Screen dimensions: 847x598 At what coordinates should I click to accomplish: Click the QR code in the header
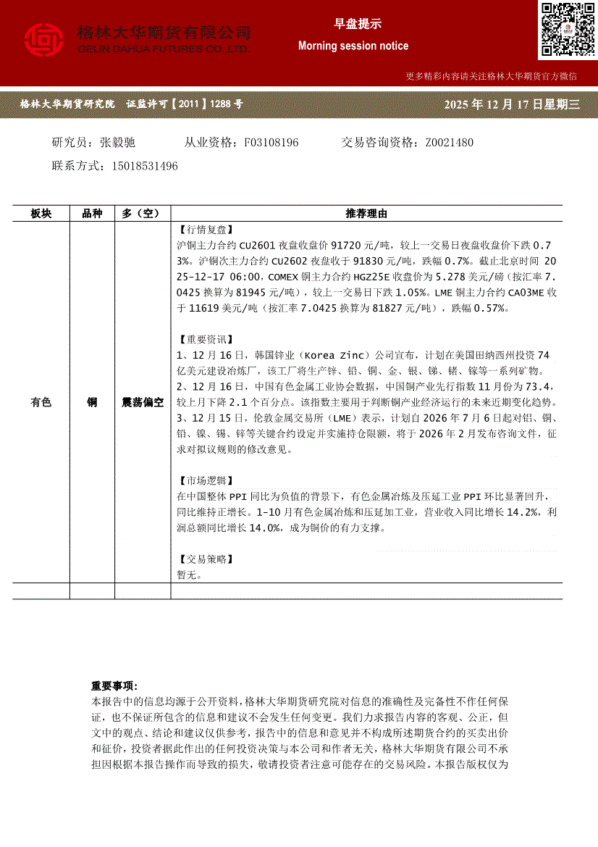(567, 29)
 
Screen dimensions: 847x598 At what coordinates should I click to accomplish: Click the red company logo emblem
(44, 41)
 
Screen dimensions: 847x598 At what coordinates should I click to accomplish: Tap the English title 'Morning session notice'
(353, 46)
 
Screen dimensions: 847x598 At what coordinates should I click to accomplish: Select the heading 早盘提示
(353, 24)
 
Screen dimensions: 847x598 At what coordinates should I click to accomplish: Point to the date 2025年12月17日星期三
(513, 104)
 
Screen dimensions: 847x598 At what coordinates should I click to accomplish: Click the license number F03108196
(271, 142)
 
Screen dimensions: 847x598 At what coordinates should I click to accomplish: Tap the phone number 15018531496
(145, 166)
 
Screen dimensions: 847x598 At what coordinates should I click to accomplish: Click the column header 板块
(41, 214)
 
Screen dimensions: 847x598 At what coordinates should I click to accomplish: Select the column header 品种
(92, 214)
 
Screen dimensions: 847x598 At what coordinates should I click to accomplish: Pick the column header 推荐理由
(366, 214)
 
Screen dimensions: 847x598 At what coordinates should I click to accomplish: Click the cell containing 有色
(41, 402)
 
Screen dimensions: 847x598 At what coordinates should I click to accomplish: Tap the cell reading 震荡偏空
(143, 402)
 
